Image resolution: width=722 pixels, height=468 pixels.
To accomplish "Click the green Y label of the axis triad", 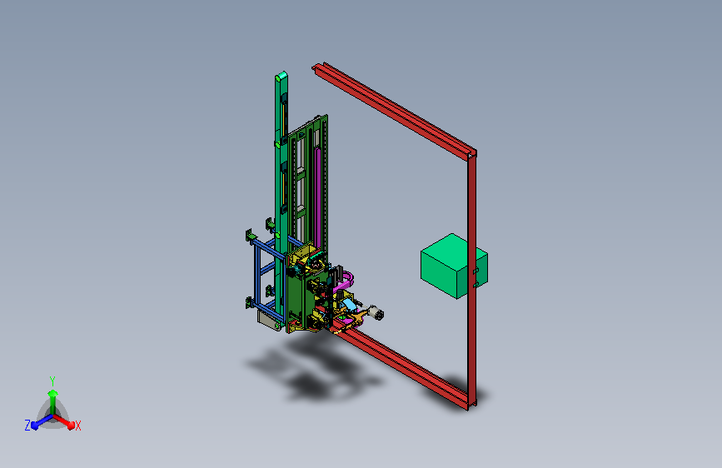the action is tap(52, 381).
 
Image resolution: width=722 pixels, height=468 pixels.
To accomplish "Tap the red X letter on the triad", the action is tap(77, 426).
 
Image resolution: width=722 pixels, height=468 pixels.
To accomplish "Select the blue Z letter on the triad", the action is tap(27, 426).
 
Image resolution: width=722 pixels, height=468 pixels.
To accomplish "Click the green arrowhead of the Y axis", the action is tap(53, 394).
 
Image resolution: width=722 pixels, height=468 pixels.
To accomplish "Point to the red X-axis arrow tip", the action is tap(71, 425).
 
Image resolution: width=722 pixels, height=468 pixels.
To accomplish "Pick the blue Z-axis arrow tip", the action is tap(35, 426).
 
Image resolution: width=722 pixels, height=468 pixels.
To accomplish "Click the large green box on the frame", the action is tap(454, 266).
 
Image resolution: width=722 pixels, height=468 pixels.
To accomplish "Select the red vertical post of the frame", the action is tap(472, 281).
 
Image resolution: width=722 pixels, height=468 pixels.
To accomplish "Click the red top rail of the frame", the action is tap(394, 111).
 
